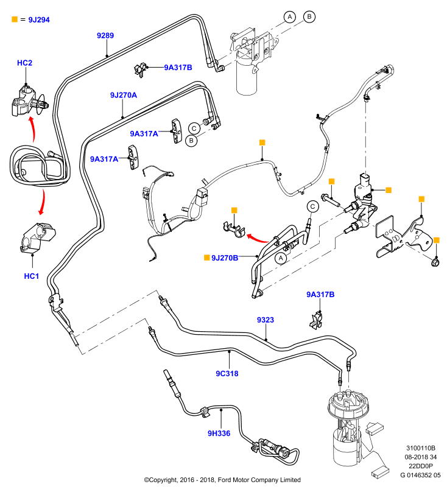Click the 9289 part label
105,35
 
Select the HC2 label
24,63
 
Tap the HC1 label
32,276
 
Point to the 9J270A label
124,95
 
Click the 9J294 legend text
39,20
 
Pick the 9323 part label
266,320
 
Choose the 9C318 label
227,373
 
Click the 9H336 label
219,433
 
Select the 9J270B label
225,258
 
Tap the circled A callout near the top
289,17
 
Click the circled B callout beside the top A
309,16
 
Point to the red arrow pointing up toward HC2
33,129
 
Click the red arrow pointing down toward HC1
43,202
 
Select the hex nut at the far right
435,262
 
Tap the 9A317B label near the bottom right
320,295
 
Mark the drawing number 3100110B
421,448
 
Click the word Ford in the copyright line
225,480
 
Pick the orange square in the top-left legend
15,19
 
